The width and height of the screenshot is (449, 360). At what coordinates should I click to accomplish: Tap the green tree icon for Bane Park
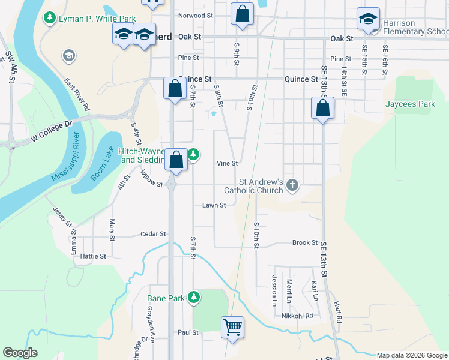tap(193, 297)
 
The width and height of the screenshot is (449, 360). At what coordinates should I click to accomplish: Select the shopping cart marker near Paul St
tap(232, 327)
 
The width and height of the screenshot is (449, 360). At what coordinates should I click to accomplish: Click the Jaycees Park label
tap(410, 104)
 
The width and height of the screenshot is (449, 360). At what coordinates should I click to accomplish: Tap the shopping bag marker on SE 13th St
tap(322, 109)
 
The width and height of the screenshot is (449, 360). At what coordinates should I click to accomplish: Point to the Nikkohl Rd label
tap(298, 316)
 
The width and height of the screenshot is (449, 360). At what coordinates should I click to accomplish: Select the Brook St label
tap(304, 242)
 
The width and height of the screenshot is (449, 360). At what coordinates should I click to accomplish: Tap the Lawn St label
tap(214, 205)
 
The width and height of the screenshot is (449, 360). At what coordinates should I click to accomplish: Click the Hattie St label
tap(93, 256)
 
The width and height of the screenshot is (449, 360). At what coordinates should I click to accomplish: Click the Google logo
tap(20, 353)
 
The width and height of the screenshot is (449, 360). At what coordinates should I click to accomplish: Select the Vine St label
tap(228, 163)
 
